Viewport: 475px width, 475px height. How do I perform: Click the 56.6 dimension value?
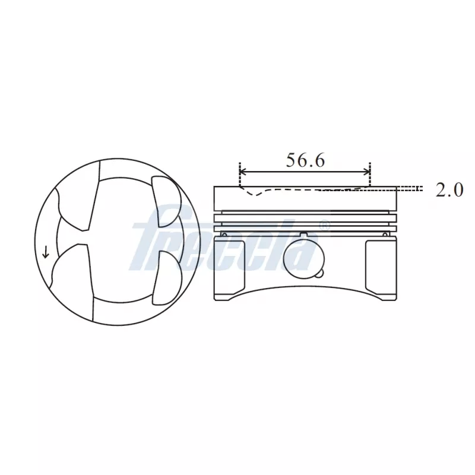pos(305,160)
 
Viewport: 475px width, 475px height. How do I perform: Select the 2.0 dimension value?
pos(449,189)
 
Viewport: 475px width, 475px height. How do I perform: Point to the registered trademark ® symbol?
pos(324,226)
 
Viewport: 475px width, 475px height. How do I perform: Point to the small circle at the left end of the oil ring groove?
pos(224,234)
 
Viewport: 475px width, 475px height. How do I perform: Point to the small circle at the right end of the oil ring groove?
pos(385,234)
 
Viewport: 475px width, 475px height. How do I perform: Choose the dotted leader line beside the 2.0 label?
pos(410,188)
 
